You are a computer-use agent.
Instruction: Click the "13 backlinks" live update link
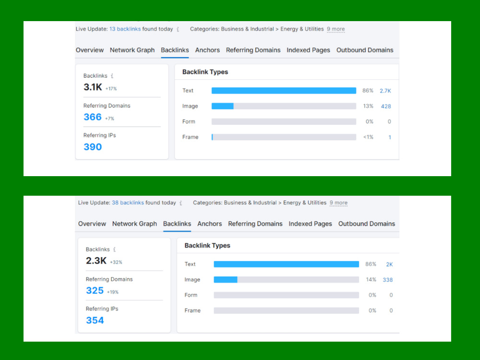click(125, 29)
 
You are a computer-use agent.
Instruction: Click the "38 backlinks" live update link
click(128, 203)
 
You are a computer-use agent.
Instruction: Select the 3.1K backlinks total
click(93, 87)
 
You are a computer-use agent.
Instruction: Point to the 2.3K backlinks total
click(96, 261)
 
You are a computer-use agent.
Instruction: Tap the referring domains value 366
click(93, 117)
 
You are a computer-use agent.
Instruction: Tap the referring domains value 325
click(95, 290)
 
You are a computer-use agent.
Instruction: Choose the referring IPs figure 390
click(93, 147)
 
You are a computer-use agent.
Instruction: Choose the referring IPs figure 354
click(95, 321)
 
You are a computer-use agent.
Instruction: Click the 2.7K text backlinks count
click(385, 91)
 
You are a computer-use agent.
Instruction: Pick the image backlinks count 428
click(386, 107)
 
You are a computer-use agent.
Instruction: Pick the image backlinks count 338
click(387, 280)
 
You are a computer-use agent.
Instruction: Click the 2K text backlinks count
click(389, 264)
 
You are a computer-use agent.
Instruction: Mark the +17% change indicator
click(111, 89)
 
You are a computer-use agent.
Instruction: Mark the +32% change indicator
click(116, 263)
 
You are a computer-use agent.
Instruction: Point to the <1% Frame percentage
click(368, 137)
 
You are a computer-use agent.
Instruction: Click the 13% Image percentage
click(368, 106)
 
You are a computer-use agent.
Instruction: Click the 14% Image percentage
click(371, 279)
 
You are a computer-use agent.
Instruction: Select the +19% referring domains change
click(113, 292)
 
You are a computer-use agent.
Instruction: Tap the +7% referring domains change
click(109, 119)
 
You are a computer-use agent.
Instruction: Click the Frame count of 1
click(390, 137)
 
